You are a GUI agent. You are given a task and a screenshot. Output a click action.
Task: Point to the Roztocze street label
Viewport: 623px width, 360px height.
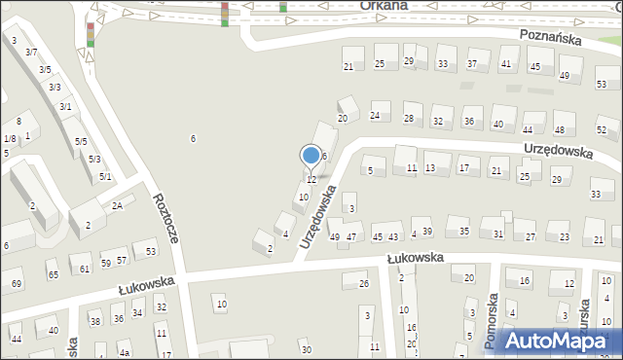pos(165,218)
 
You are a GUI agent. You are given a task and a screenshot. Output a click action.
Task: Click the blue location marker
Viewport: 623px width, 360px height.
pos(311,156)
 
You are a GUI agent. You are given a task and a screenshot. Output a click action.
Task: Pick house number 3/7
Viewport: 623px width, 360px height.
pos(31,52)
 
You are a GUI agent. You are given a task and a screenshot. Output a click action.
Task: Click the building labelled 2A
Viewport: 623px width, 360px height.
pos(117,205)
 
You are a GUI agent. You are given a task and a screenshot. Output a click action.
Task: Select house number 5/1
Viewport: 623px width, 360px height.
pos(105,176)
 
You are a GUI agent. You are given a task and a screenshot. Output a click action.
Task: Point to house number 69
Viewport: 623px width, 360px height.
pos(16,283)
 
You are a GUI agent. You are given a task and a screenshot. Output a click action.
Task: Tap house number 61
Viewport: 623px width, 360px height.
pos(86,269)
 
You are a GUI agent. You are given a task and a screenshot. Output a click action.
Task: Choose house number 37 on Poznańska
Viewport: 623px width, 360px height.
pos(472,64)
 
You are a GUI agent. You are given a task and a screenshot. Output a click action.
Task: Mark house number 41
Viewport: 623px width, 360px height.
pos(505,64)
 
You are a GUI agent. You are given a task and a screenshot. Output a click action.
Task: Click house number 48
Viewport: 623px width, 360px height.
pos(559,129)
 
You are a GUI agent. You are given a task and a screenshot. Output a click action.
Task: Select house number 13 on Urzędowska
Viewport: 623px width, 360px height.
pos(429,168)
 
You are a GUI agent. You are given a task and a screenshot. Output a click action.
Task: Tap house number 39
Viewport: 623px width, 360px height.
pos(427,231)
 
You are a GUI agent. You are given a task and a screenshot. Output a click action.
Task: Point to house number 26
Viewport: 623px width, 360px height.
pos(363,283)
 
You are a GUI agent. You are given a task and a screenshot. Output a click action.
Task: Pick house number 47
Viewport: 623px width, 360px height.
pos(351,236)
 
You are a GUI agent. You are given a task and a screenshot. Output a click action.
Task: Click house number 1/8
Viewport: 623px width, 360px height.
pos(9,139)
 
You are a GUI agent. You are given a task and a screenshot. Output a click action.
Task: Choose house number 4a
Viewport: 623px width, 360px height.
pos(125,353)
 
